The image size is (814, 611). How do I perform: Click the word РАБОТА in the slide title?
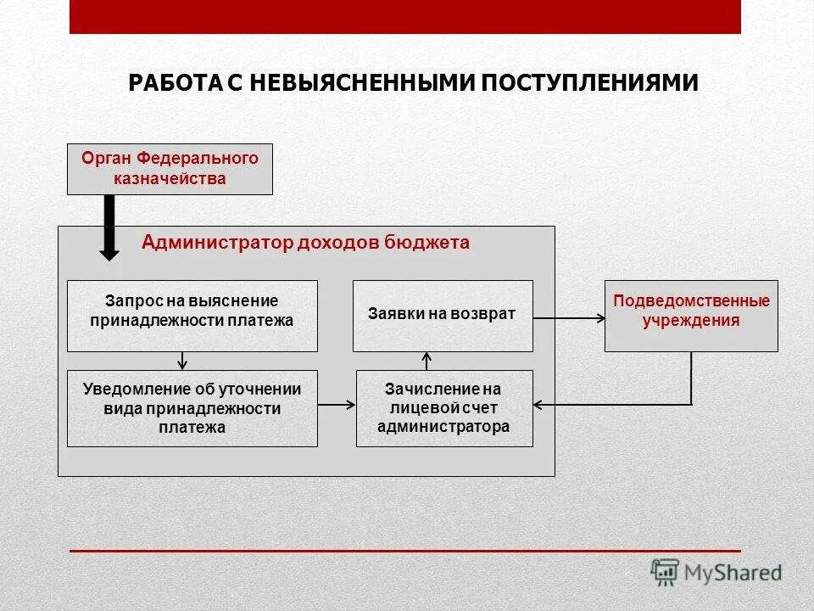click(175, 83)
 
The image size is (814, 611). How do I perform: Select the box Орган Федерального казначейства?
click(170, 169)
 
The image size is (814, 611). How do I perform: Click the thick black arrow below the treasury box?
click(109, 227)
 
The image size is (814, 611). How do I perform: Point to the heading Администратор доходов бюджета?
click(305, 244)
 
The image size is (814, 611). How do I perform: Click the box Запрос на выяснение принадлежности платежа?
click(192, 316)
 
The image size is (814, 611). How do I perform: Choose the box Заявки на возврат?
click(442, 315)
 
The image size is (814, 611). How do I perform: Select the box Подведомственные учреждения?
click(690, 316)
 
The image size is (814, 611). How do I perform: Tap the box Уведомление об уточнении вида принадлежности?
click(192, 408)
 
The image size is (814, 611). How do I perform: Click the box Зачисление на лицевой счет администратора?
click(443, 408)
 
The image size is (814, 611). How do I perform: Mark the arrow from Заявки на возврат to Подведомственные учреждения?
click(568, 319)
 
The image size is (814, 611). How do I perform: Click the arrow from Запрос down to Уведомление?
click(182, 361)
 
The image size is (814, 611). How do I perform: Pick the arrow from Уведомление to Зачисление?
click(337, 406)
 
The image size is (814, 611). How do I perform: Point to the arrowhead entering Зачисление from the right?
click(539, 405)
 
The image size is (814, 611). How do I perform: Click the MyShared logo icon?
click(665, 572)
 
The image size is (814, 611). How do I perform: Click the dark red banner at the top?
click(404, 17)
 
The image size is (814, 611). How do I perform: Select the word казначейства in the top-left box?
click(170, 178)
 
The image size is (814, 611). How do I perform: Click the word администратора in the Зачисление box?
click(443, 427)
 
